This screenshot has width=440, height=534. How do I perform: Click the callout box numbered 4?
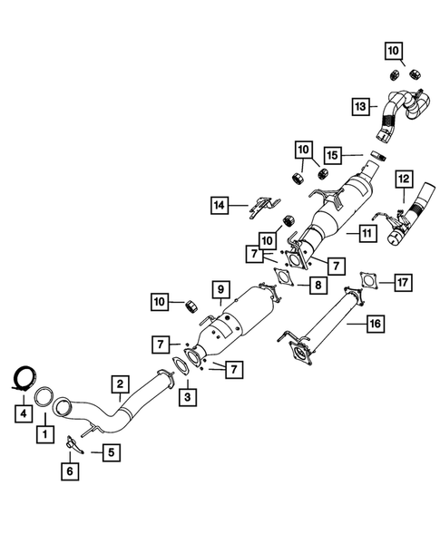[24, 413]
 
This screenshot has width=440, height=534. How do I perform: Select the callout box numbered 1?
[45, 434]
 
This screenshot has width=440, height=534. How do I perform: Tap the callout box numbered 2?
[120, 384]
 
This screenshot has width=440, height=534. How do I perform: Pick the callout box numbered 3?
[188, 397]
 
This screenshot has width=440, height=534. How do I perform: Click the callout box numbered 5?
[111, 452]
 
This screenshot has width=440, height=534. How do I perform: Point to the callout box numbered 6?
[70, 471]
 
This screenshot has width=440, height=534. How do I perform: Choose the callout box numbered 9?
[220, 289]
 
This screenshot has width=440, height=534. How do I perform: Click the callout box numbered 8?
[318, 285]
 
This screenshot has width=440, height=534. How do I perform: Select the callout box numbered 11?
[367, 233]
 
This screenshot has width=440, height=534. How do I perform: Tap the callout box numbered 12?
[404, 179]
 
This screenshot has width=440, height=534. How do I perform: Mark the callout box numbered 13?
[360, 107]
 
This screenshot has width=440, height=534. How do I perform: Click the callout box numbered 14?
[220, 205]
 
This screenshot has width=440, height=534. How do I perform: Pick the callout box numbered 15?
[332, 155]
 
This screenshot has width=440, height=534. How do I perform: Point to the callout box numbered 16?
[376, 323]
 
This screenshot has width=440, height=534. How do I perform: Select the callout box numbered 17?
[403, 282]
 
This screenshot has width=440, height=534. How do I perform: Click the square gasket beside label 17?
[368, 280]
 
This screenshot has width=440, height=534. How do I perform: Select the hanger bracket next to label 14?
[264, 207]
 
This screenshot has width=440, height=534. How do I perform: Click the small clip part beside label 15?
[378, 155]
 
